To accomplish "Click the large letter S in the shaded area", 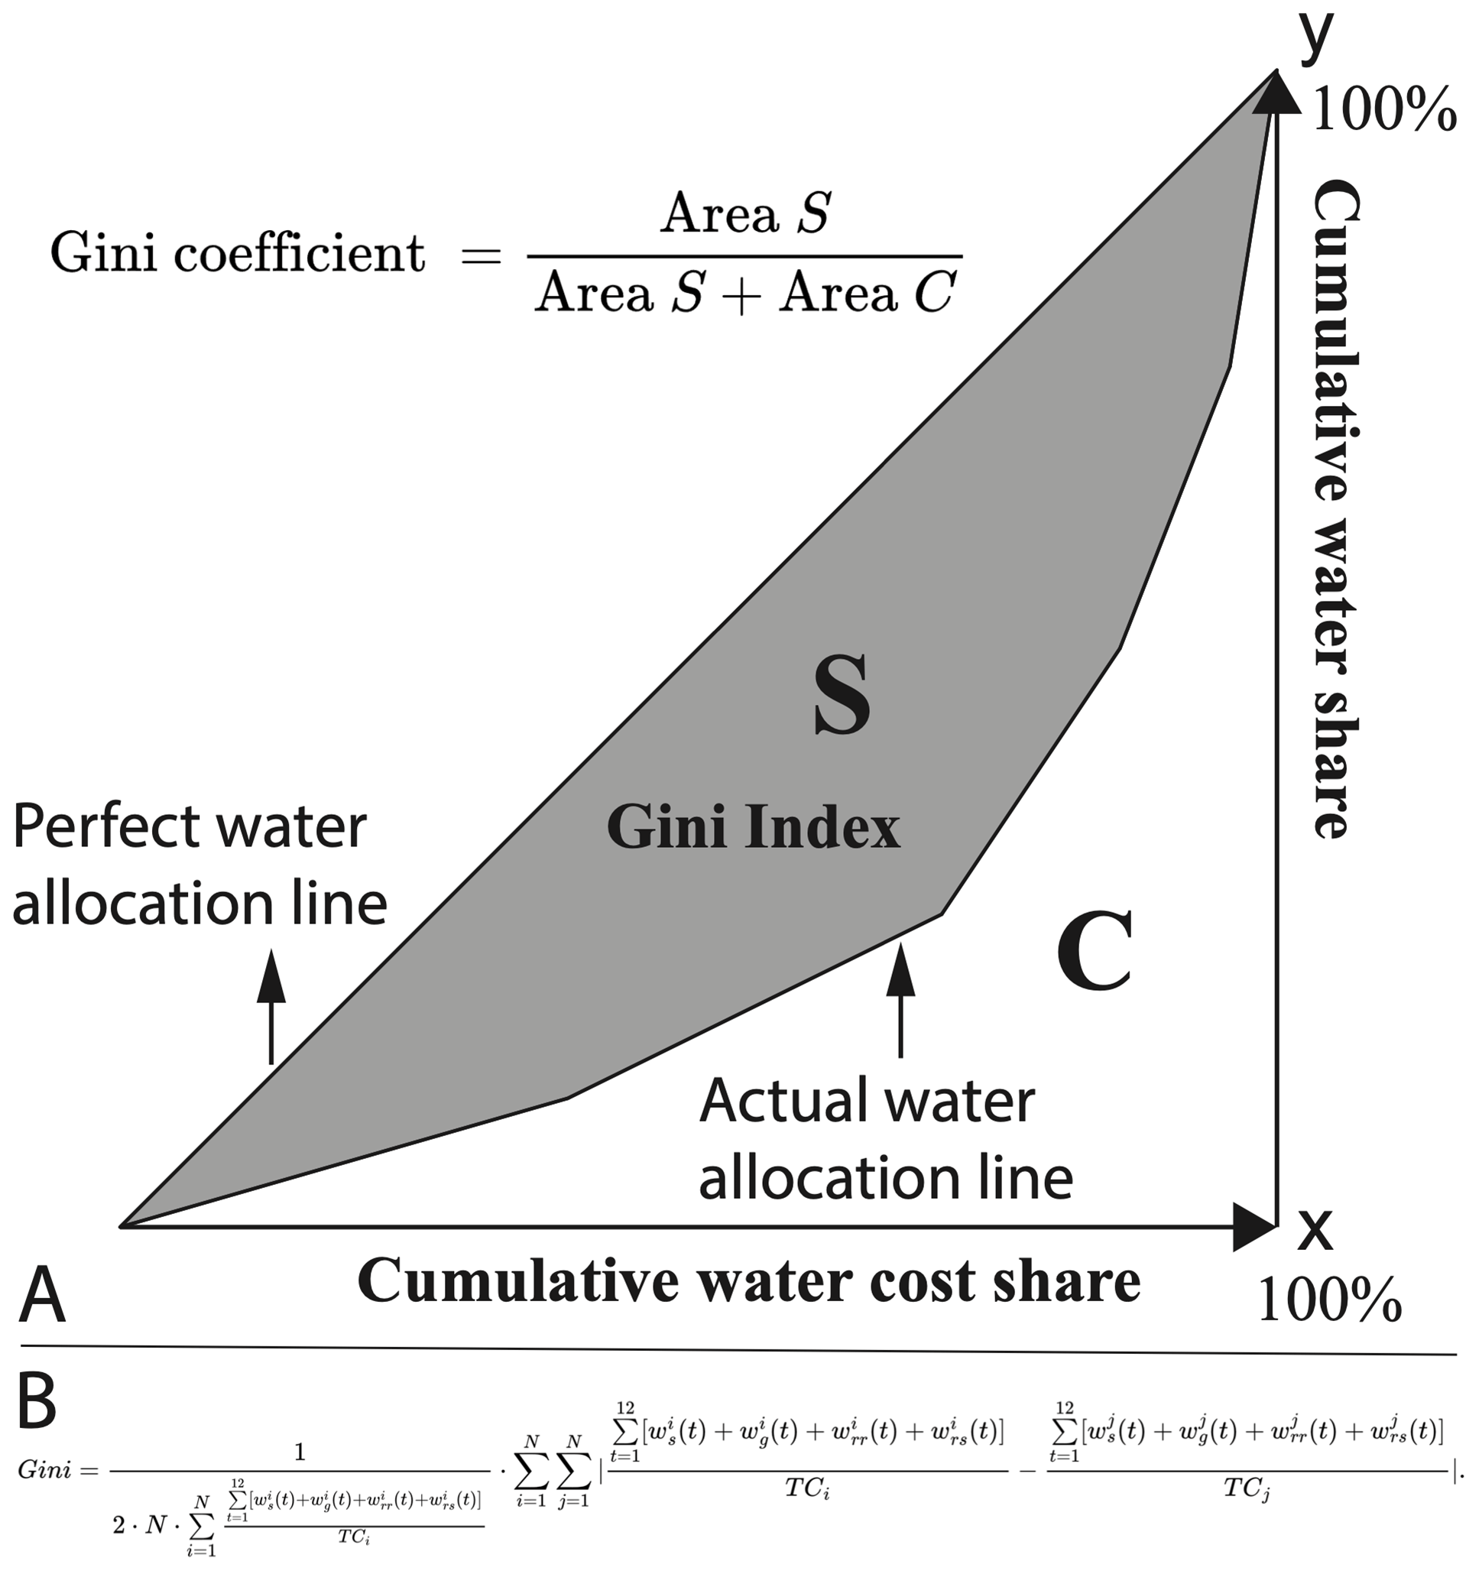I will tap(842, 696).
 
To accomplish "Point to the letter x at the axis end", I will tap(1315, 1232).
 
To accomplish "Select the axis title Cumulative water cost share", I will tap(748, 1280).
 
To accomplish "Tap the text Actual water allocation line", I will tap(885, 1139).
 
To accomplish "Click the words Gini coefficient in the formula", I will tap(237, 255).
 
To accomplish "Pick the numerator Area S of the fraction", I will tap(745, 213).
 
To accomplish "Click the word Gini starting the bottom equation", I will tap(44, 1470).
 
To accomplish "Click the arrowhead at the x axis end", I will tap(1254, 1227).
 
